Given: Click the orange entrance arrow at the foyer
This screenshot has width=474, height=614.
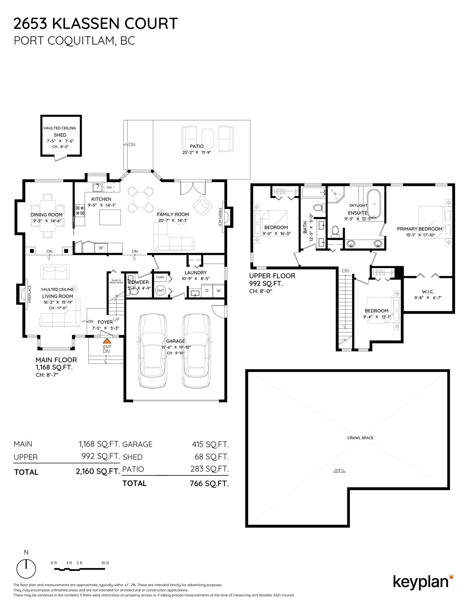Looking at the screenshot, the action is click(x=107, y=341).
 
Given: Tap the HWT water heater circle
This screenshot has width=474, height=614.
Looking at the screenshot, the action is click(x=160, y=290).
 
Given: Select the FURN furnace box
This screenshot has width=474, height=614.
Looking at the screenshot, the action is click(x=160, y=277).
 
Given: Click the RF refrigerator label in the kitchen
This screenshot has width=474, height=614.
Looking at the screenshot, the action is click(x=101, y=248).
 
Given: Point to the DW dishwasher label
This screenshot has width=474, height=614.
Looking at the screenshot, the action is click(x=109, y=187).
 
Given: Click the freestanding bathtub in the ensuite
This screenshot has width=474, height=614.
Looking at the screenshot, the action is click(x=374, y=204).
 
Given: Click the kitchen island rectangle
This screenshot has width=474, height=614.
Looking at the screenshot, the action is click(x=110, y=217).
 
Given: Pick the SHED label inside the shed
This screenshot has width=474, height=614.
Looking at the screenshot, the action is click(x=60, y=135).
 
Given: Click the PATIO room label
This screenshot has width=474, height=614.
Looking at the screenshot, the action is click(x=197, y=146).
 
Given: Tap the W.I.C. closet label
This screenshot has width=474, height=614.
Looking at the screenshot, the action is click(x=428, y=292).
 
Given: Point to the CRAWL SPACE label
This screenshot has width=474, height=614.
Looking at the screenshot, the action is click(x=360, y=438).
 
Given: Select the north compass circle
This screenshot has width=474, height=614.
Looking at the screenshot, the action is click(x=26, y=568).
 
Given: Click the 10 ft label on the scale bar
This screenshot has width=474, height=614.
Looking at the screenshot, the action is click(x=105, y=563).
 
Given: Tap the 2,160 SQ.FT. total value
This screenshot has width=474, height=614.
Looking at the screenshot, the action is click(x=98, y=471).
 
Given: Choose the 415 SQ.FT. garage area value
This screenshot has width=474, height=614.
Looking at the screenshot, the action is click(x=210, y=445).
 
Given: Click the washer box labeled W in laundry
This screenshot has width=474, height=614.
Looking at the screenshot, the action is click(x=219, y=290).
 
